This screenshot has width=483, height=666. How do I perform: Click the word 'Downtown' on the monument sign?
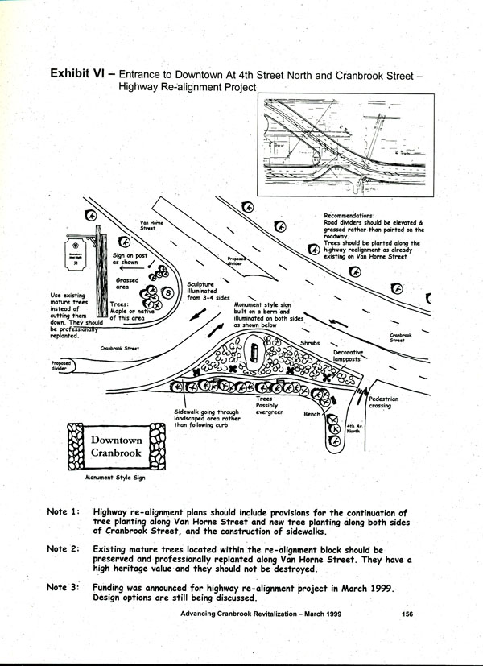(x=117, y=441)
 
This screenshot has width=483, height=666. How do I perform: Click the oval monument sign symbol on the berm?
(x=254, y=353)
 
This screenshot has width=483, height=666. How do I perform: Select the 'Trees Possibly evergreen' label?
(x=263, y=404)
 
